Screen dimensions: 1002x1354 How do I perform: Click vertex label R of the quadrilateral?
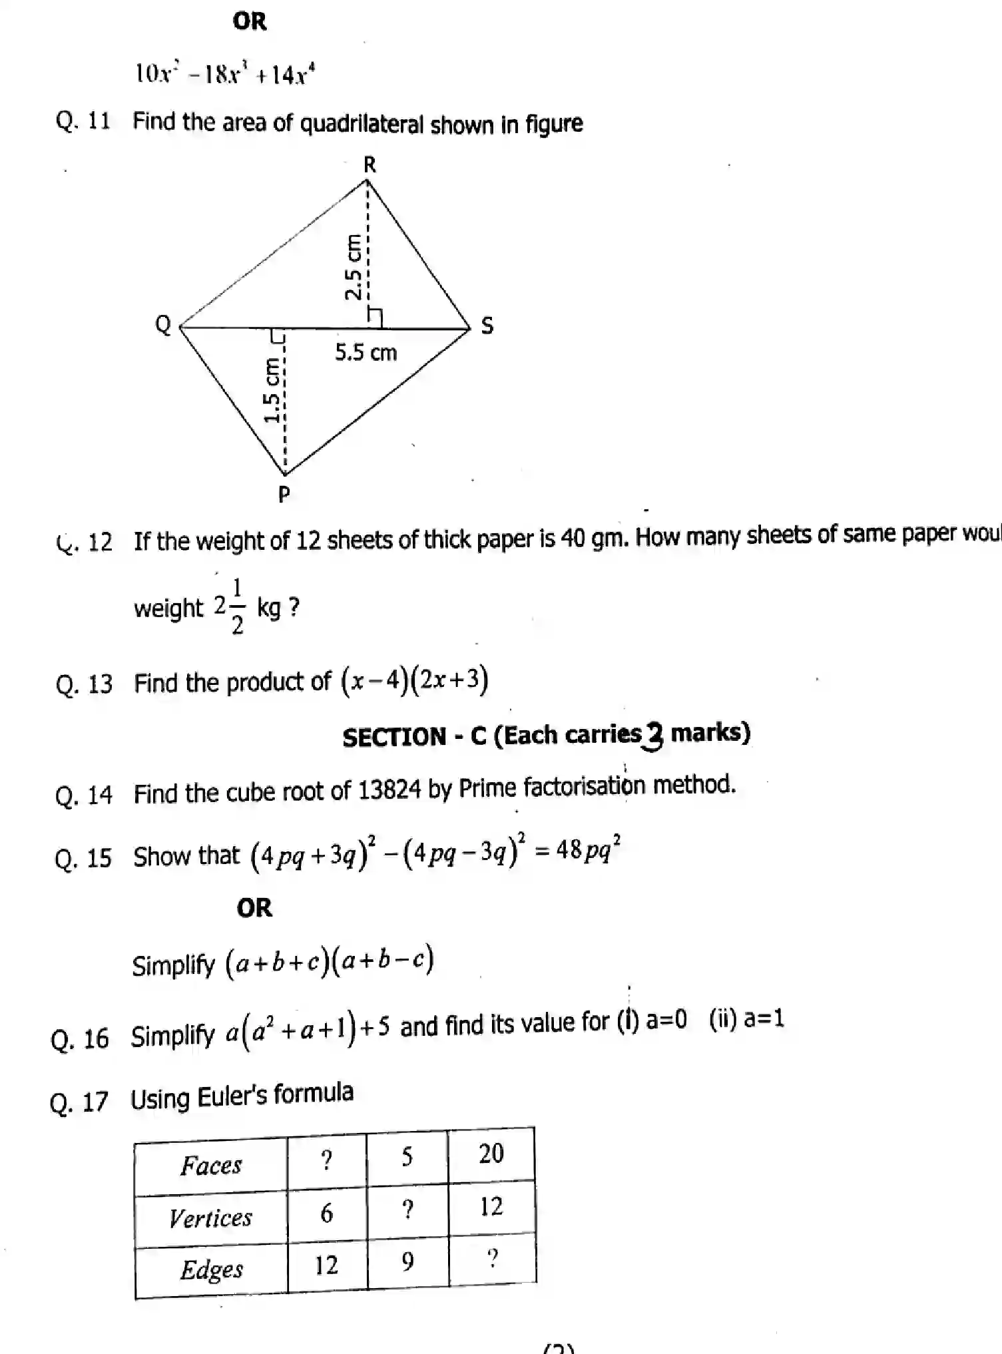tap(370, 164)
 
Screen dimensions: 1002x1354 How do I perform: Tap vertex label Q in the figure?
tap(163, 325)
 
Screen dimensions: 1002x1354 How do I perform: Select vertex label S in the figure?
tap(487, 326)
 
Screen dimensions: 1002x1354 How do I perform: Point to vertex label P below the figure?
tap(284, 494)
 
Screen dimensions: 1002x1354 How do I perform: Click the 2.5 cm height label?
tap(354, 267)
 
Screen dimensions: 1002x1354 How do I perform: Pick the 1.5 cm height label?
tap(272, 390)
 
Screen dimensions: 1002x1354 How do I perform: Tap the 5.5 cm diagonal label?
tap(366, 352)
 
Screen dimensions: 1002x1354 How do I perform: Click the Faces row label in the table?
tap(211, 1166)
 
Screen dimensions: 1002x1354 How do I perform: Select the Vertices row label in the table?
tap(210, 1218)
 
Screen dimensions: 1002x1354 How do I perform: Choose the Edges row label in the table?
tap(212, 1269)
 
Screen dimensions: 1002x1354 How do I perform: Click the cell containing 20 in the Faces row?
tap(491, 1154)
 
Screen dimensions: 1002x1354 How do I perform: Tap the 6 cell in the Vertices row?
tap(326, 1213)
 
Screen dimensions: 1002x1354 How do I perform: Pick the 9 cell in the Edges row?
tap(407, 1261)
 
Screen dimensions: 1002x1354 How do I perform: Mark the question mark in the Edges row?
tap(492, 1258)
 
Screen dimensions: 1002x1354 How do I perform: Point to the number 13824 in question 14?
tap(389, 790)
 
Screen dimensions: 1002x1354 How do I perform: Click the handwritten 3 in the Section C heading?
tap(654, 737)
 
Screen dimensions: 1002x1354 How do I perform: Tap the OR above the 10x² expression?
tap(250, 21)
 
